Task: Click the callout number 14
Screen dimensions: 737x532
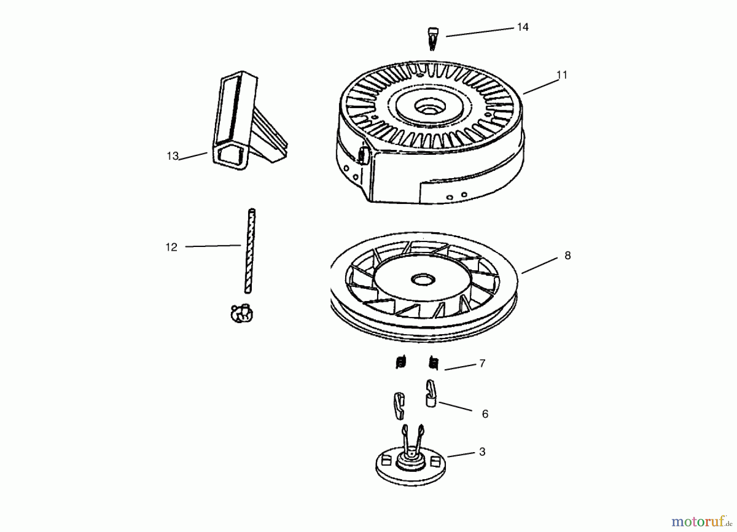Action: tap(523, 27)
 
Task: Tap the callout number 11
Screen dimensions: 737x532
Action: tap(562, 75)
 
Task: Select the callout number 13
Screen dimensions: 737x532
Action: tap(172, 156)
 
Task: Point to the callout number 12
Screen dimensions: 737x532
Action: tap(171, 247)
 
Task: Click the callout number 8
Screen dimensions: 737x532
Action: tap(567, 256)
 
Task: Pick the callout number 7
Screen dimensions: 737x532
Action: tap(482, 363)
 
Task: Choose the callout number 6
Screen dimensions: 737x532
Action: tap(485, 414)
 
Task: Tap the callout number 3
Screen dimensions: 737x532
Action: tap(482, 452)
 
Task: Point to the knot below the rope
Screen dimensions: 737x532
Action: tap(242, 313)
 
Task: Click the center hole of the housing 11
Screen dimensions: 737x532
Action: tap(425, 108)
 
